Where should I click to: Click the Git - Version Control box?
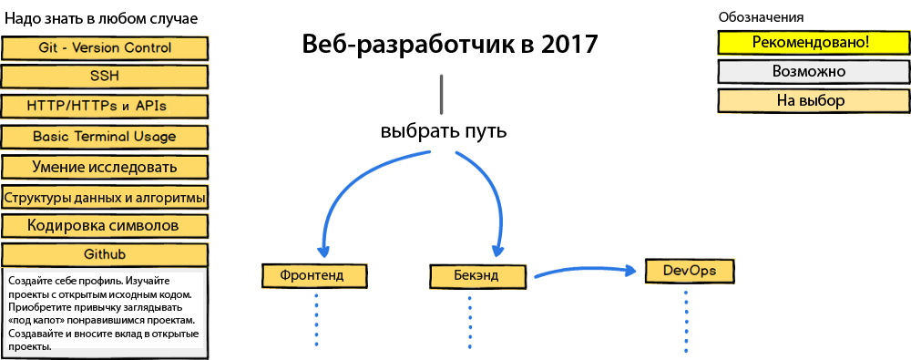105,47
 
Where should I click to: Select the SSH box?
105,77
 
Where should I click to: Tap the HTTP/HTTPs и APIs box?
105,107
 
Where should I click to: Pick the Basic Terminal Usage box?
105,137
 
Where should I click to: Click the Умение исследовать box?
105,167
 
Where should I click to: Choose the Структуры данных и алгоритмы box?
105,196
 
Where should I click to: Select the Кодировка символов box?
105,225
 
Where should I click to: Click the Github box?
105,254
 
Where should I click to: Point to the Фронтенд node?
311,274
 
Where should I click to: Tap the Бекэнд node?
476,274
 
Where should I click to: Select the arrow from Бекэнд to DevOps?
583,271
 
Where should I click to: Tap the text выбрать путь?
443,130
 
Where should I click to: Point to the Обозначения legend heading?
761,16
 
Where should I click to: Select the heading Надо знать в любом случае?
102,18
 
